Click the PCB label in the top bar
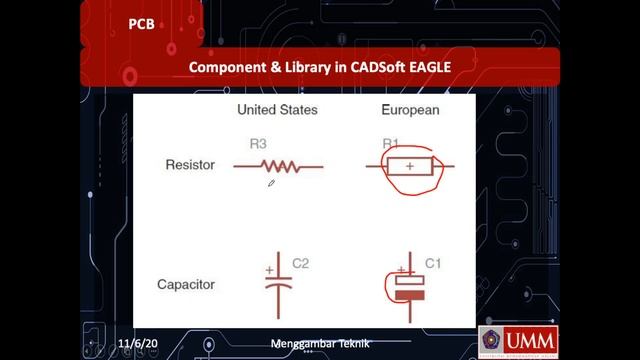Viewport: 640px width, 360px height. (x=141, y=24)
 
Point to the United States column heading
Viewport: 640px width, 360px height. (x=277, y=109)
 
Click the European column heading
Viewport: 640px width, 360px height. (x=410, y=109)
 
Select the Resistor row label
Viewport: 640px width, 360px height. (x=190, y=165)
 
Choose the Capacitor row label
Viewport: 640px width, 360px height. (x=186, y=285)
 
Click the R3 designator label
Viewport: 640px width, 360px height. (x=258, y=144)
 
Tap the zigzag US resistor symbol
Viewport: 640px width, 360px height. (x=279, y=166)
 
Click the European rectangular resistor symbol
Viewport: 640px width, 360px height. (x=410, y=166)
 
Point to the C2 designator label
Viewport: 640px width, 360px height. (x=300, y=264)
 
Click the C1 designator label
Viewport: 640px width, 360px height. (x=433, y=264)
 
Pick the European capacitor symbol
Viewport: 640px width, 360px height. (x=409, y=288)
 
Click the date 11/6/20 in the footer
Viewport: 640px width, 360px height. (x=139, y=344)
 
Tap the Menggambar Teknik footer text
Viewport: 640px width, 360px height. (x=320, y=344)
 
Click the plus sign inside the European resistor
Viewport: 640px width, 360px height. (x=410, y=166)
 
